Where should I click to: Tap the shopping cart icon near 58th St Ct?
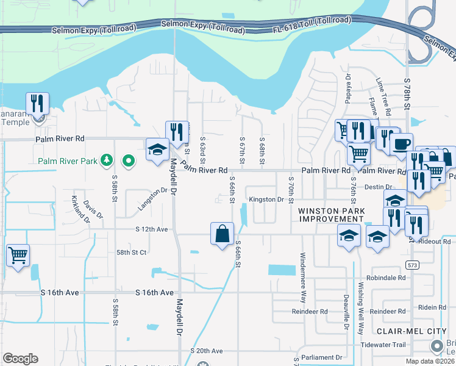(18, 256)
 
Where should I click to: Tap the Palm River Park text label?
(67, 162)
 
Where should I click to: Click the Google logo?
(20, 359)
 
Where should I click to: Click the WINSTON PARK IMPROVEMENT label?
(332, 215)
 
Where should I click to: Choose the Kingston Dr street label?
(266, 199)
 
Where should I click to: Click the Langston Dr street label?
(152, 199)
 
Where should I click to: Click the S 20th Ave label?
(207, 351)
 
